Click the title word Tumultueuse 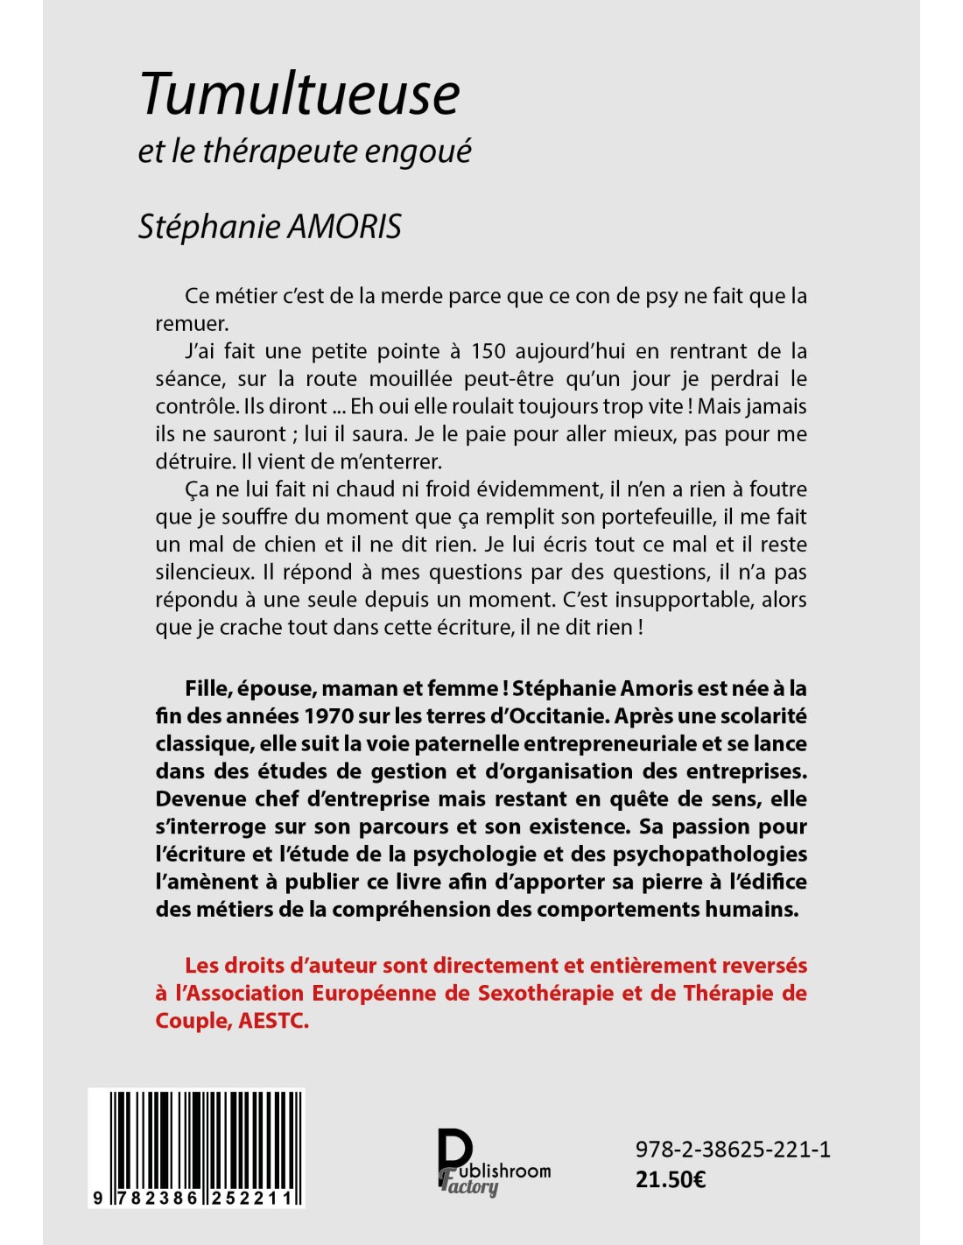[x=299, y=94]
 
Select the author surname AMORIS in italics [x=344, y=227]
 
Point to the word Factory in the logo [x=470, y=1186]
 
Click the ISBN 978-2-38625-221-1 [x=733, y=1150]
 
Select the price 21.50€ [x=671, y=1179]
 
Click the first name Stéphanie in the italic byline [x=209, y=227]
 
